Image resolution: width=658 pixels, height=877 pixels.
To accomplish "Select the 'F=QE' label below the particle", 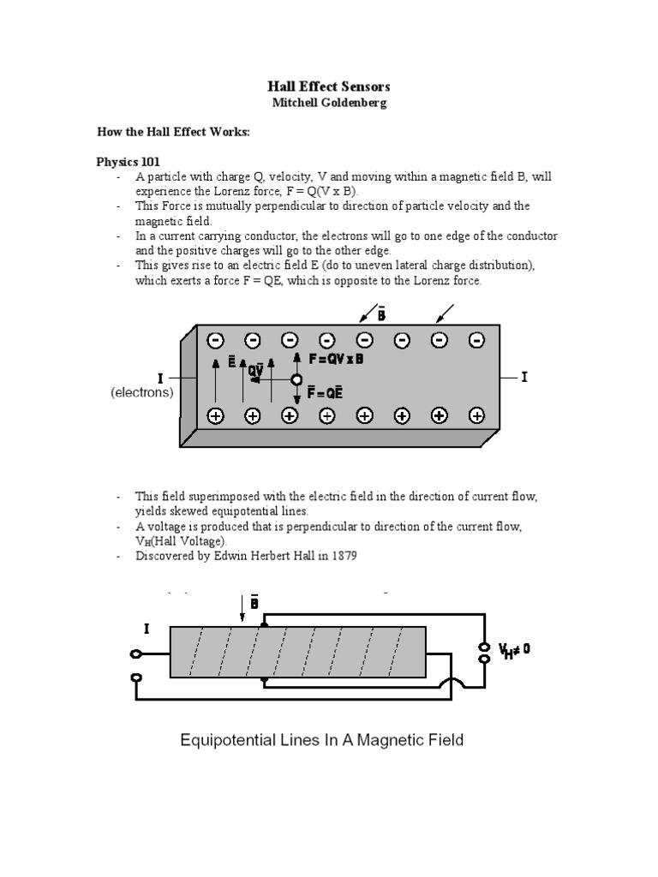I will (326, 393).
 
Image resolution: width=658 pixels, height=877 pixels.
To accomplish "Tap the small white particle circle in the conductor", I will (296, 379).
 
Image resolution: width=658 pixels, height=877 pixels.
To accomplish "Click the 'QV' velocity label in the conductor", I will (256, 371).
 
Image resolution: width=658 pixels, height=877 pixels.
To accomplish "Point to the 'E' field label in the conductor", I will (231, 362).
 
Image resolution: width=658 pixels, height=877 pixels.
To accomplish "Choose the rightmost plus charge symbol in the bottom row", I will (476, 416).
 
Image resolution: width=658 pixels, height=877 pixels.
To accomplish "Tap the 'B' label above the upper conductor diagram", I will (380, 314).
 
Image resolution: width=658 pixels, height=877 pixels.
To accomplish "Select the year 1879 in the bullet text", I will (340, 556).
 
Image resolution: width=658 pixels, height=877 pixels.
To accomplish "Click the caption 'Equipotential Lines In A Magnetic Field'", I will (321, 739).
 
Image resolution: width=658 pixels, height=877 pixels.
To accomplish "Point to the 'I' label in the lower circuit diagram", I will (147, 629).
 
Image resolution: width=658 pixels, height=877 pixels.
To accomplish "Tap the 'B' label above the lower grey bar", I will (254, 603).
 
